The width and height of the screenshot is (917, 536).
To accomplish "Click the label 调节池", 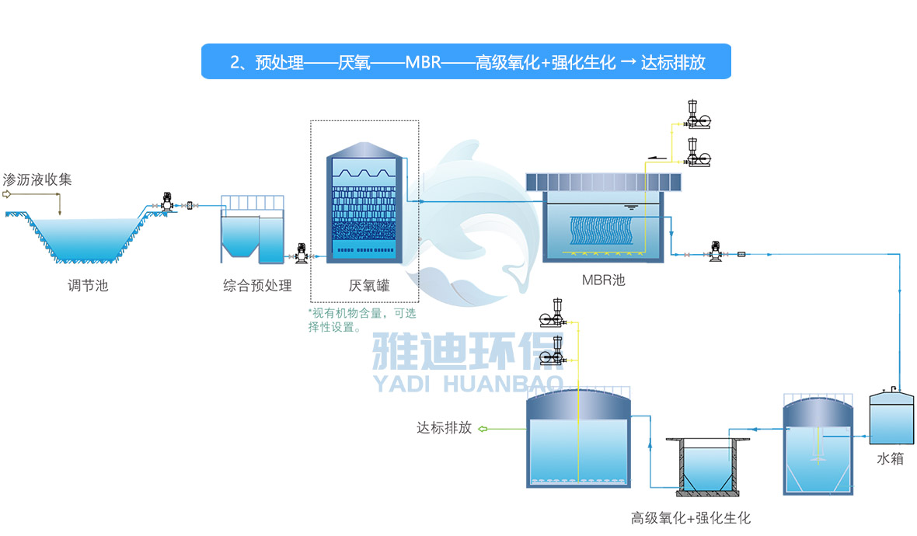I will (86, 286).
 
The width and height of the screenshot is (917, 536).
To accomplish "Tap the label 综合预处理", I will (257, 286).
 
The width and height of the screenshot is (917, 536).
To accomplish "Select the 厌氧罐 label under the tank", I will (368, 286).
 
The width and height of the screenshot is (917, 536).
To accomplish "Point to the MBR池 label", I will (603, 280).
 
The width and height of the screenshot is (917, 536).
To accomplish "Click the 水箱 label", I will (891, 458).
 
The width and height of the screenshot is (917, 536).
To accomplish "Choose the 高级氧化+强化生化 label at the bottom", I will (691, 518).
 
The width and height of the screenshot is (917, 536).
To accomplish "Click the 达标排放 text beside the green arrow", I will (444, 428).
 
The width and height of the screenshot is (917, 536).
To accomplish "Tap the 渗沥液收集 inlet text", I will (37, 179).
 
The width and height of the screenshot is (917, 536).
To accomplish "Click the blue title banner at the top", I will (466, 62).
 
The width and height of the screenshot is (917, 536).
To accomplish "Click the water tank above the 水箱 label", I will (891, 416).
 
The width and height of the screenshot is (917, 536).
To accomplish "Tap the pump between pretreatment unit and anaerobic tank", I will (300, 252).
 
